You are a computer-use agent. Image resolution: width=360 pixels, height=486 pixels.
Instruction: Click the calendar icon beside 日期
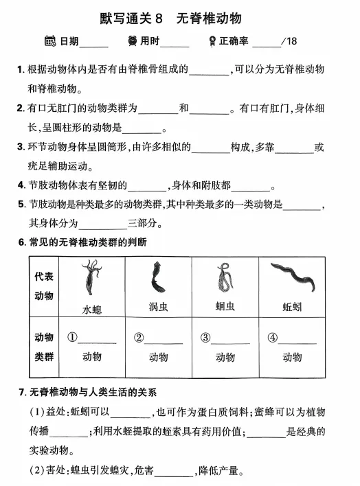[49, 41]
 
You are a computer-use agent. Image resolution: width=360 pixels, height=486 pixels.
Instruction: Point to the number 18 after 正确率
[291, 42]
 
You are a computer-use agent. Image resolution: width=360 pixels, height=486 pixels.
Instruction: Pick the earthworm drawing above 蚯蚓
[292, 277]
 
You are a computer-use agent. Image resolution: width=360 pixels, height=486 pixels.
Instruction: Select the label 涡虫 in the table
[158, 307]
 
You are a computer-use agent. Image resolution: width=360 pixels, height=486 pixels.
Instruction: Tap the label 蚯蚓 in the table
[292, 307]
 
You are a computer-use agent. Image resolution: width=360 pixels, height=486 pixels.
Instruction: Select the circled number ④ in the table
[273, 338]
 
